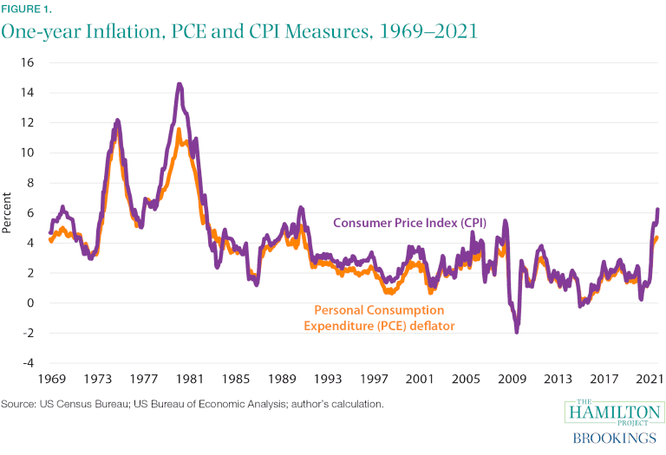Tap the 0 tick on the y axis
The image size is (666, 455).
pos(29,303)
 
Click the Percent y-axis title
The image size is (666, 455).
pos(8,212)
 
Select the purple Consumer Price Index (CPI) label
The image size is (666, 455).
pos(410,223)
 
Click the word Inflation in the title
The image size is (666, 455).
pos(114,31)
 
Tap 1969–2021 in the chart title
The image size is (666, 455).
pos(410,31)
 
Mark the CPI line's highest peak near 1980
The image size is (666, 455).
pos(179,84)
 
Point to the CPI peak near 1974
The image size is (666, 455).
pos(117,120)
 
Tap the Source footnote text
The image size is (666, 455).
pos(192,404)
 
